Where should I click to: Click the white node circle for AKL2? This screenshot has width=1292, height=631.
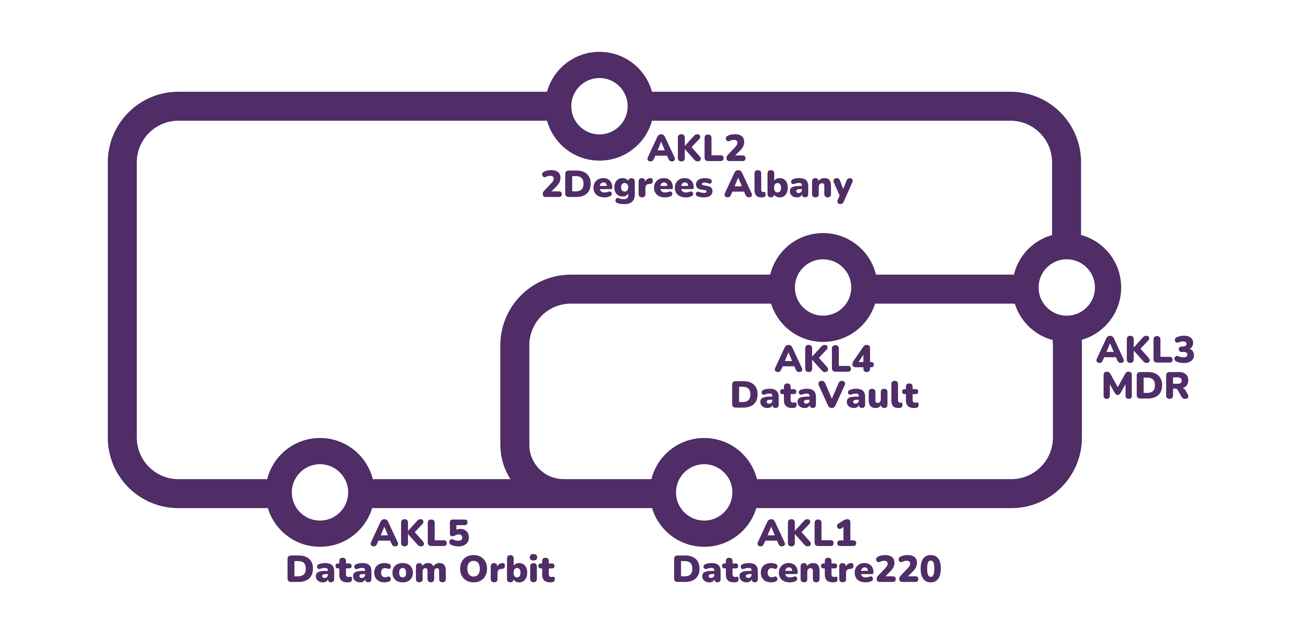[599, 106]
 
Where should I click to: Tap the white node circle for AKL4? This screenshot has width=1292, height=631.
[823, 287]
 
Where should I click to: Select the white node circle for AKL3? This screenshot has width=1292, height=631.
[1066, 287]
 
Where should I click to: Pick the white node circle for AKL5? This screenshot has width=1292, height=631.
[320, 492]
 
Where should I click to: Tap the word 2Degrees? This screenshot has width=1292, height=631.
[627, 186]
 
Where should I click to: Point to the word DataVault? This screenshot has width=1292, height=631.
[825, 395]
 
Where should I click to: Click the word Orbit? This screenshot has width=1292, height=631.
[507, 570]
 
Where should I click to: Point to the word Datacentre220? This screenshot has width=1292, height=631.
[806, 570]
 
